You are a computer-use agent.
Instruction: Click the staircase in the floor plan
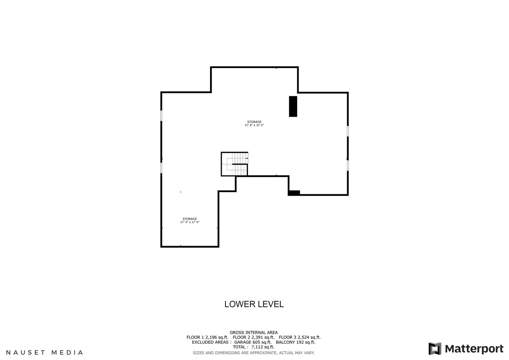click(234, 164)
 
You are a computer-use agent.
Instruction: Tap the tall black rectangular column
click(293, 106)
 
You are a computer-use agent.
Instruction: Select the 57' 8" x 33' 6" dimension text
click(254, 125)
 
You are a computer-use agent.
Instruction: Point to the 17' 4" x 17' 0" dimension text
click(190, 222)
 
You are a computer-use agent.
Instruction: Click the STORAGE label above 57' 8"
click(254, 122)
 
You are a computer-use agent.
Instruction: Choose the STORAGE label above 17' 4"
click(190, 219)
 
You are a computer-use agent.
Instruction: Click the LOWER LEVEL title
click(254, 304)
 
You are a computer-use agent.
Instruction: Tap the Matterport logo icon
click(435, 348)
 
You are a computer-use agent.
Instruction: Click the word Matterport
click(474, 349)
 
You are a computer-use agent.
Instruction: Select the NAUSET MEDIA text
click(44, 353)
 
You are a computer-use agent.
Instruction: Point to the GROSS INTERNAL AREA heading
click(253, 333)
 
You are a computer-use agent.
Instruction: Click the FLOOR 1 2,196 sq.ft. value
click(207, 337)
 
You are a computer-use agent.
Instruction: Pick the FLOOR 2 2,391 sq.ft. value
click(253, 337)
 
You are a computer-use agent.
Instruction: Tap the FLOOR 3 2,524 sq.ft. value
click(300, 337)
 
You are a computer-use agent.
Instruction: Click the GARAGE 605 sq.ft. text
click(253, 342)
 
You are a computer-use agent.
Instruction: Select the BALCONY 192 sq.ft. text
click(296, 342)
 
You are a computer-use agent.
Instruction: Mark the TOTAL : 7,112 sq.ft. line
click(253, 347)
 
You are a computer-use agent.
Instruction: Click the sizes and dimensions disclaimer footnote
click(253, 353)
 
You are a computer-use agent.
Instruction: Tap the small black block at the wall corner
click(294, 193)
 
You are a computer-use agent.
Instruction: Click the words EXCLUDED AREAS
click(211, 342)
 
